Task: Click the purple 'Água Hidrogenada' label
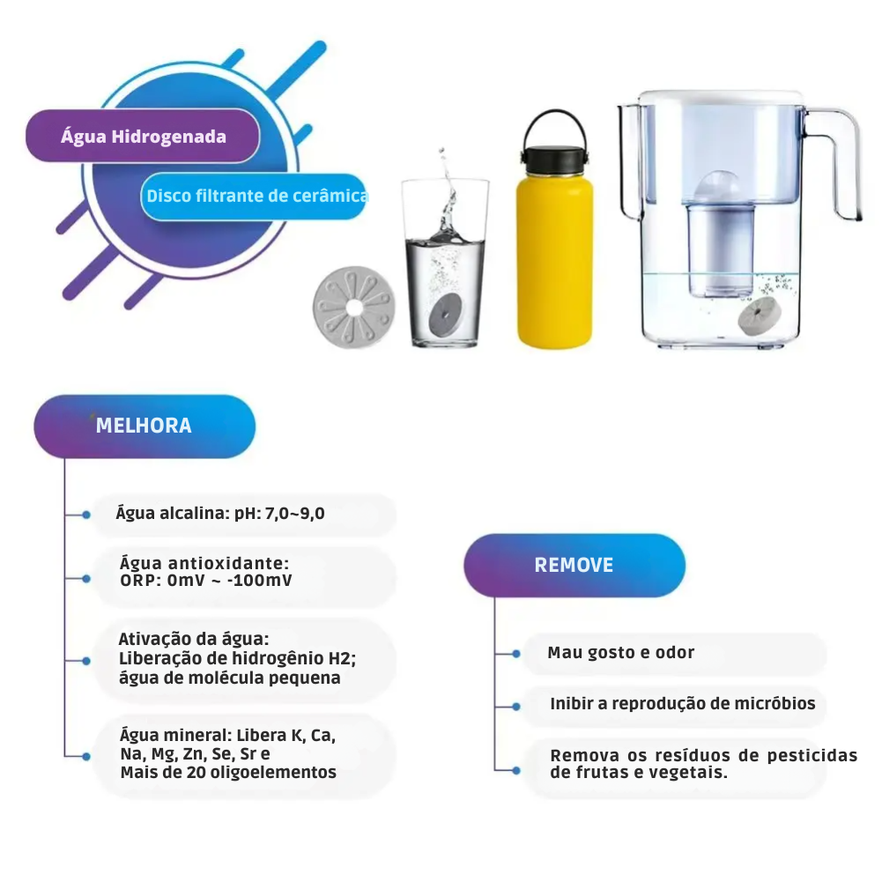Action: point(143,136)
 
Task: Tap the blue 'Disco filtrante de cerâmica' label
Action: point(254,196)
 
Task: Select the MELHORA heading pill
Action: point(145,426)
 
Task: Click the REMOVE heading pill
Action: point(574,565)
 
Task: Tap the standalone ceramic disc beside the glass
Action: point(354,308)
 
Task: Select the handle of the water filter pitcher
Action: point(835,163)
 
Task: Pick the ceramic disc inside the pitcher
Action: point(760,316)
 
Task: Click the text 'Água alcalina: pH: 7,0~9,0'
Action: point(220,513)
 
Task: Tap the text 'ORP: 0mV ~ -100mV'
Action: point(206,581)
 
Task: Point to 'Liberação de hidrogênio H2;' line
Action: point(237,658)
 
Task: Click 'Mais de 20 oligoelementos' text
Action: point(228,773)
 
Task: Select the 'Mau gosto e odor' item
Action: point(621,653)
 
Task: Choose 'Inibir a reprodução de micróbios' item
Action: point(683,704)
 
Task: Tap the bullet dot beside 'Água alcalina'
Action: point(86,515)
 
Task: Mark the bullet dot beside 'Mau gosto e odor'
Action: point(515,654)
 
